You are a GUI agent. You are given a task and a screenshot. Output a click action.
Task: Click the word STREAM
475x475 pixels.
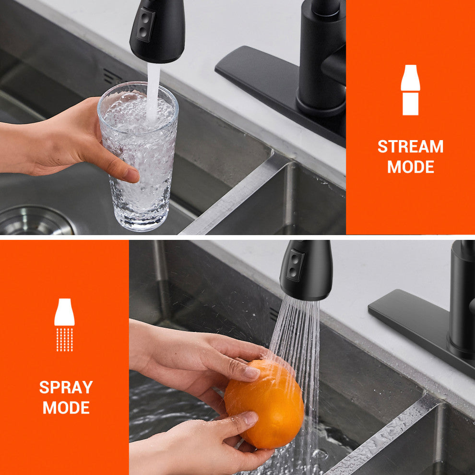point(411,146)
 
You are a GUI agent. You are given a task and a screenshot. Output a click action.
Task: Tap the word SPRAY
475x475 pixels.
point(66,387)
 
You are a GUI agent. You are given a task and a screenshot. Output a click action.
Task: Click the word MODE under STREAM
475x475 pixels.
point(411,166)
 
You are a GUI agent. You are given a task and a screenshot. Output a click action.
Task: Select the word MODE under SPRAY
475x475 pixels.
point(66,407)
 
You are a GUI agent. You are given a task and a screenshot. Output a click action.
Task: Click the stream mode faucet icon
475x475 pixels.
point(411,90)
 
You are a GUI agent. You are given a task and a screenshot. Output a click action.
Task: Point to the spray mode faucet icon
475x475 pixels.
point(64,325)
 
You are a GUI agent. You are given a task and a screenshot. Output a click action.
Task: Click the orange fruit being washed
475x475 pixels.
point(264,404)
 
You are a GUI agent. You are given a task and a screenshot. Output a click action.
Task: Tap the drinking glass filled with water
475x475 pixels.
point(138,156)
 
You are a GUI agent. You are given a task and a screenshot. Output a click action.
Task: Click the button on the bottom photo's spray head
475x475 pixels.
point(295,265)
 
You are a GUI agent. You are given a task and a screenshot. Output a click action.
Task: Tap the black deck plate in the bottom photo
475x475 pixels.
point(418,330)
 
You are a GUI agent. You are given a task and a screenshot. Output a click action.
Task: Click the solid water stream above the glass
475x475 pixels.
point(153,91)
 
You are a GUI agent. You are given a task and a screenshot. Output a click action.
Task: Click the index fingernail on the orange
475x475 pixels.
point(252,373)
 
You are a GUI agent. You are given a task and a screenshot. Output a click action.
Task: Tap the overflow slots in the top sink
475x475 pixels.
point(112,77)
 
